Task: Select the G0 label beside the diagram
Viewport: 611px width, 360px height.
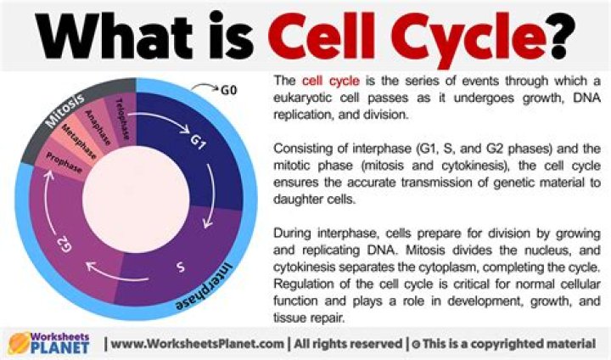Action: [228, 87]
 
